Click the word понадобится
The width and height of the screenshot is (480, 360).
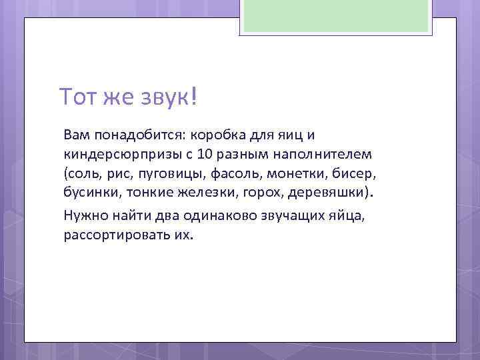137,135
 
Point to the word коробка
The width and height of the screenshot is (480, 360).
219,135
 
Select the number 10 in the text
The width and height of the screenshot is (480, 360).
205,155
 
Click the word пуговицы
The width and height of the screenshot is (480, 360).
176,175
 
